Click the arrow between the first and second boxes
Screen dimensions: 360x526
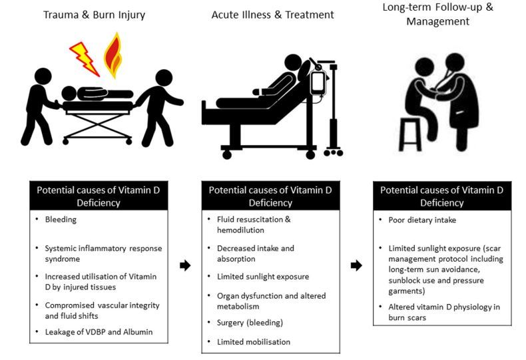(184, 266)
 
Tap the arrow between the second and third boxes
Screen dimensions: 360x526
(356, 266)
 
